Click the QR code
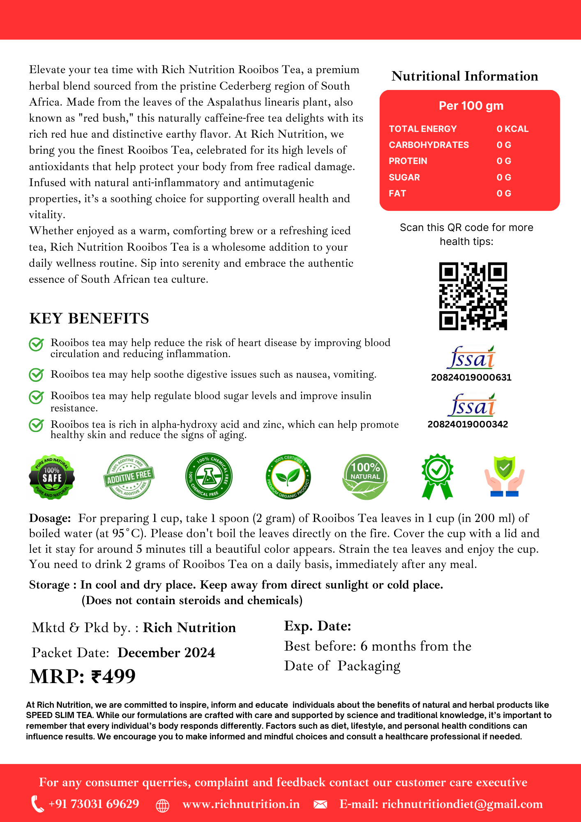point(473,296)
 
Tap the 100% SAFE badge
point(52,477)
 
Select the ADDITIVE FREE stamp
point(129,477)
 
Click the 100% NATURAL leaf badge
point(365,477)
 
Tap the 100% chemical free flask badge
point(209,476)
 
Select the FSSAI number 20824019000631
point(471,377)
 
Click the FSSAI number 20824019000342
point(468,424)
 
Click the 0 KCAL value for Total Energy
point(512,129)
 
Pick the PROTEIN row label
point(408,161)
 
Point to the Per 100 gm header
point(471,106)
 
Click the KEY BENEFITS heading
point(89,319)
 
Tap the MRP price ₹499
point(83,676)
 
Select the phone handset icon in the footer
point(37,804)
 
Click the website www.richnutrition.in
point(241,804)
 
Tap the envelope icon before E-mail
point(320,804)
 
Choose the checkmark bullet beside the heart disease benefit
point(36,344)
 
